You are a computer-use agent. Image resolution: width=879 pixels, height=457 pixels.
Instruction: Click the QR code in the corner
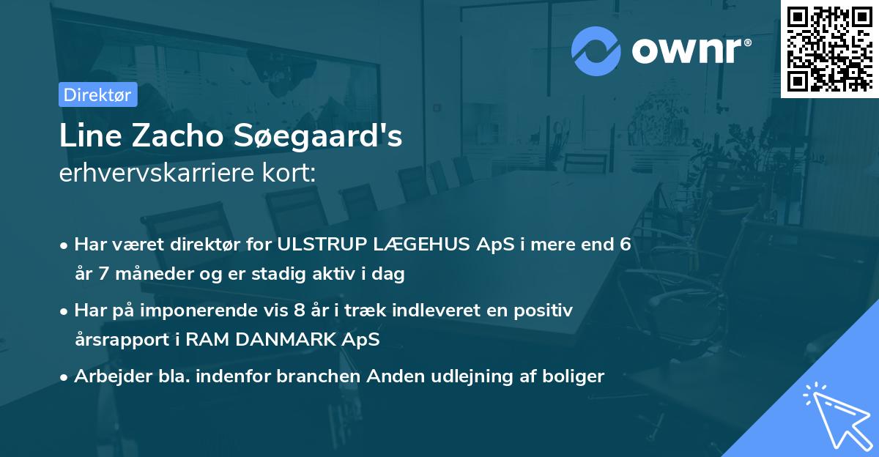click(830, 48)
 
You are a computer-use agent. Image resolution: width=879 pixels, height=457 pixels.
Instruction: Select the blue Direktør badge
click(97, 94)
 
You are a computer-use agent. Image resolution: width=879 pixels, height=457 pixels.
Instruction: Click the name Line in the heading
click(84, 136)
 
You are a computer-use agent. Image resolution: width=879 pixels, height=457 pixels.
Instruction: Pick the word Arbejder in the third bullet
click(108, 376)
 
